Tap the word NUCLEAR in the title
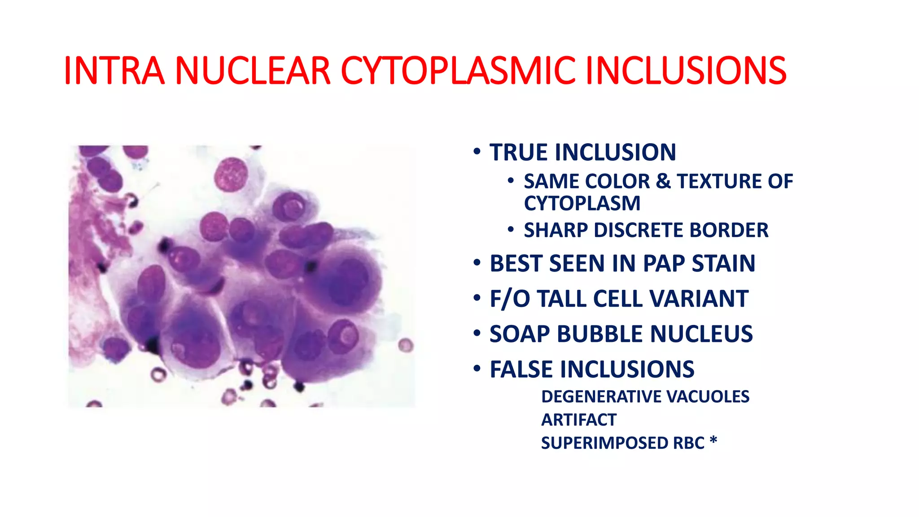coord(253,71)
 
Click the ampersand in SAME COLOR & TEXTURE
coord(663,181)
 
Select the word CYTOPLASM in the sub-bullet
coord(582,203)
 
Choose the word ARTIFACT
coord(579,420)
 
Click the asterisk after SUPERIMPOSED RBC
coord(713,441)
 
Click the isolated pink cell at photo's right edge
coord(406,346)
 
